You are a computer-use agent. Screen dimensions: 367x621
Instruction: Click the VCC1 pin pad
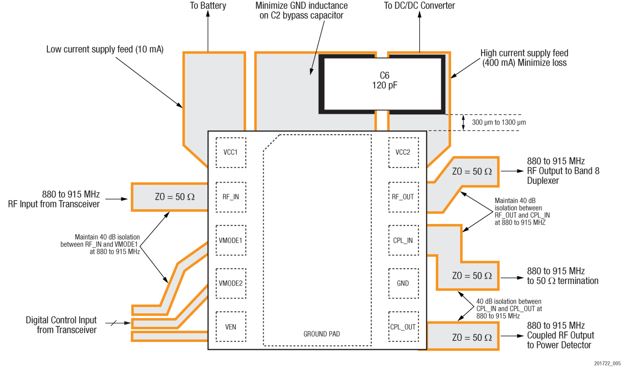click(230, 153)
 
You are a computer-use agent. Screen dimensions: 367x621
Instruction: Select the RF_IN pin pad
click(230, 197)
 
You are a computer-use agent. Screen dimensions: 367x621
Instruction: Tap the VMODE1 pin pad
click(230, 240)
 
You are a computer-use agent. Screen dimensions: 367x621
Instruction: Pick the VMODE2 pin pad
click(230, 283)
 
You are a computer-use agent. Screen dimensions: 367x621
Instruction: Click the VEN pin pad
click(230, 327)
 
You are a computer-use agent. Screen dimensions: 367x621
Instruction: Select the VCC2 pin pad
click(403, 153)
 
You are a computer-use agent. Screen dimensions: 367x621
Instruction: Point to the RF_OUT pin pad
click(403, 197)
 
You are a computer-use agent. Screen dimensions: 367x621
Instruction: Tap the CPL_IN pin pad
click(403, 240)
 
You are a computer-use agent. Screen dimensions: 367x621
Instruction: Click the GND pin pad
click(403, 283)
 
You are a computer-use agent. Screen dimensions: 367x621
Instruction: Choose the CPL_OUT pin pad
click(403, 327)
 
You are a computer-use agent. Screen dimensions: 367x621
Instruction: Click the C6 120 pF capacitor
click(384, 84)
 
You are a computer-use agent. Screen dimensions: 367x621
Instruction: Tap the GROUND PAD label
click(321, 334)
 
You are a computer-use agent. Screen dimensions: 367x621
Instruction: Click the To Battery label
click(208, 6)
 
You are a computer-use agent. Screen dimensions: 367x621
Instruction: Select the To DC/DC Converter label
click(419, 6)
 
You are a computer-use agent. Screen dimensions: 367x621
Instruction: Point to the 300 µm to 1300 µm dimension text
click(499, 122)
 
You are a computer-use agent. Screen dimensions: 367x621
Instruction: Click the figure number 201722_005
click(607, 363)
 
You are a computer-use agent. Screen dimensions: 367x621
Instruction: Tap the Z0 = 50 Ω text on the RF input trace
click(175, 197)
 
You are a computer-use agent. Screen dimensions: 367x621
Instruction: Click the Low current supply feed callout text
click(105, 49)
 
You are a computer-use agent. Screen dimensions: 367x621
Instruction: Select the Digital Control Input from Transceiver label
click(61, 325)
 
